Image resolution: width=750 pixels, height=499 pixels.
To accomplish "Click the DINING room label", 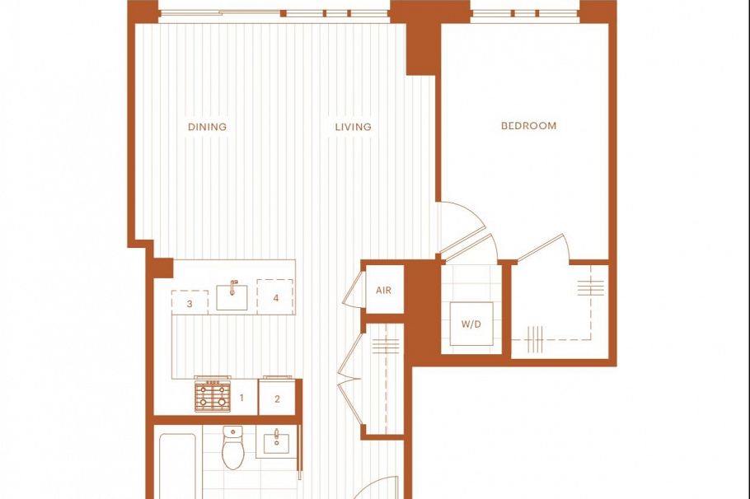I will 207,127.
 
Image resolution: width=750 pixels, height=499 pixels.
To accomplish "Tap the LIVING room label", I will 353,127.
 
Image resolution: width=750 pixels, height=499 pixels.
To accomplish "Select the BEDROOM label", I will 528,126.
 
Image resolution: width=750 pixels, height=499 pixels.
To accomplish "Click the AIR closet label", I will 383,291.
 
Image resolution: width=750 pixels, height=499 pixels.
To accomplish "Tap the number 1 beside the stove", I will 241,399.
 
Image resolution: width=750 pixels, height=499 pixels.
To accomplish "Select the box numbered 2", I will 278,398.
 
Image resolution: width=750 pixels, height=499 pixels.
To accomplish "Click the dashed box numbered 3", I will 190,302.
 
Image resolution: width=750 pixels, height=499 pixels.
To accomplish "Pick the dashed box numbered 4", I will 275,297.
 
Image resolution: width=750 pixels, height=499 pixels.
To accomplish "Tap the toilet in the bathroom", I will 233,448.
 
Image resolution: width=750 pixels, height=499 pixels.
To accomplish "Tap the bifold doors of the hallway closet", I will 349,379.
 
